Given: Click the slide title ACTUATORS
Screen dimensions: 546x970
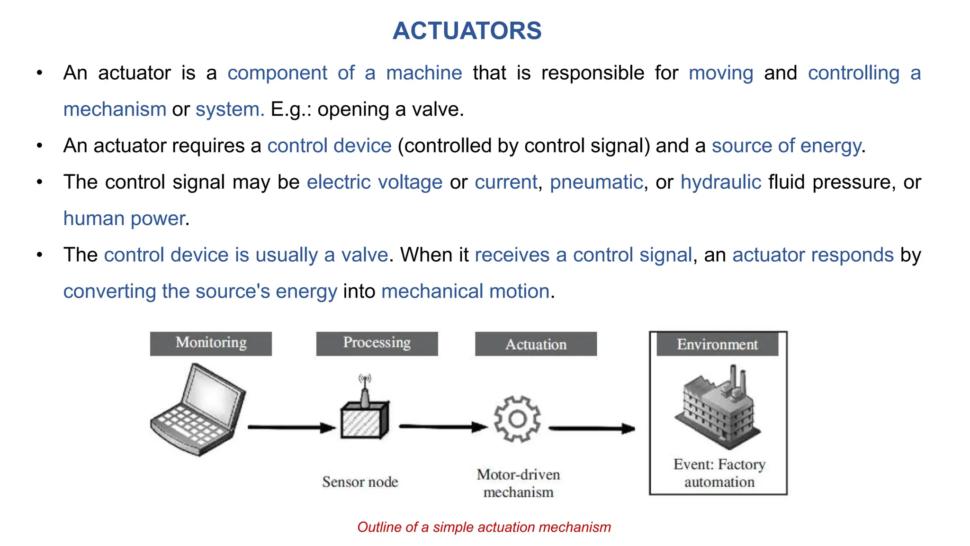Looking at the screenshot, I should point(467,31).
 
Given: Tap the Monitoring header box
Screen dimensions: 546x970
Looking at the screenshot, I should point(211,343).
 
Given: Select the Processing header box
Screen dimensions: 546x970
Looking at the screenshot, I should point(377,343).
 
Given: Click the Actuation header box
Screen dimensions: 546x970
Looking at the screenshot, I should point(536,344).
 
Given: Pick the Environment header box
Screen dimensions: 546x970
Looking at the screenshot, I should point(717,344).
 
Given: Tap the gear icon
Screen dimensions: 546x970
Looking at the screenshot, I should point(517,419).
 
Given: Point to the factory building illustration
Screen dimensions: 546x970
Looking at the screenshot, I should point(717,408).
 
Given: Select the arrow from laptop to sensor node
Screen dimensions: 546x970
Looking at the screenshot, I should point(291,428).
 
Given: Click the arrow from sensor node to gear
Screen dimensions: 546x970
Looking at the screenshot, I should point(443,427).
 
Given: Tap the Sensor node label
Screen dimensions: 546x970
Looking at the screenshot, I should point(360,482).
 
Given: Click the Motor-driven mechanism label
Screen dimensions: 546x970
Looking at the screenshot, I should point(518,483).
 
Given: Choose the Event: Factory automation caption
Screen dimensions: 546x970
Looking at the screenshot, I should point(719,473).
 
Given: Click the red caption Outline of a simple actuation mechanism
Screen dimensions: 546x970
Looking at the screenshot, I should point(484,527).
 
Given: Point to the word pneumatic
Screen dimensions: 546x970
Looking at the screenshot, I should point(596,182).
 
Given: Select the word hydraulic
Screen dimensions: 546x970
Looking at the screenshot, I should point(720,182).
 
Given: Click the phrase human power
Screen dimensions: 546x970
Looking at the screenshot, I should point(124,218).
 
